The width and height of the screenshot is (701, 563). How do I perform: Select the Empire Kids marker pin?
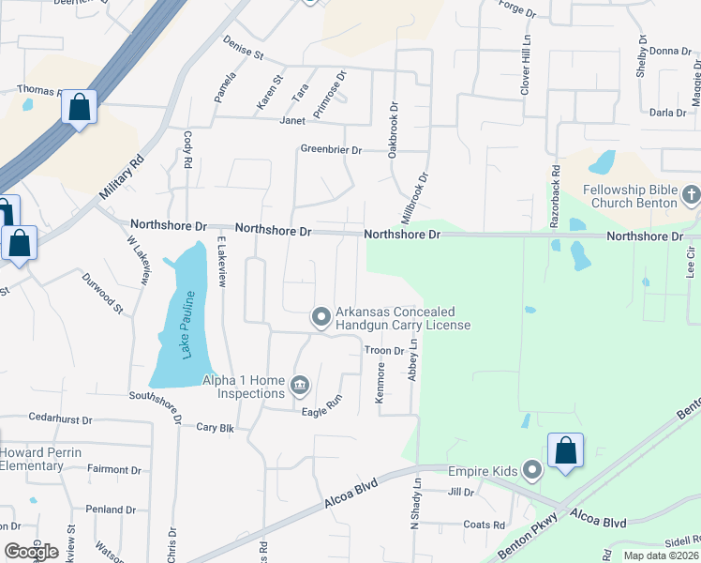coord(533,468)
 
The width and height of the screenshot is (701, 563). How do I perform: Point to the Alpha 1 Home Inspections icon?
coord(300,383)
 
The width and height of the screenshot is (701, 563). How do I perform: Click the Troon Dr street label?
coord(383,350)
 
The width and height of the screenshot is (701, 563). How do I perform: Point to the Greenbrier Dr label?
coord(331,148)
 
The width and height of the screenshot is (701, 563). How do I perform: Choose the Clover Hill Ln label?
coord(527,66)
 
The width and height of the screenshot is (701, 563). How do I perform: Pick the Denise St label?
coord(243,48)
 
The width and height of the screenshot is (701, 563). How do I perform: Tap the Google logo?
coord(31,552)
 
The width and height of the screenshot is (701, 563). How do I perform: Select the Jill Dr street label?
coord(462,492)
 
